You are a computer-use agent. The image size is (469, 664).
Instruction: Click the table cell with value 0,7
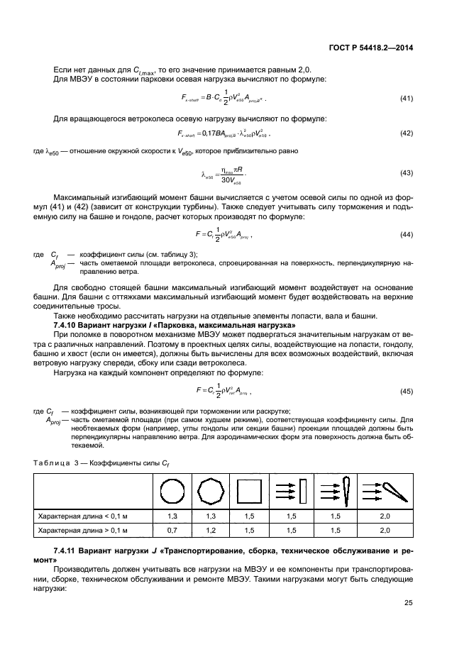point(172,530)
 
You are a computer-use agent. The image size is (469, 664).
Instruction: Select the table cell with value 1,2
point(211,530)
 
